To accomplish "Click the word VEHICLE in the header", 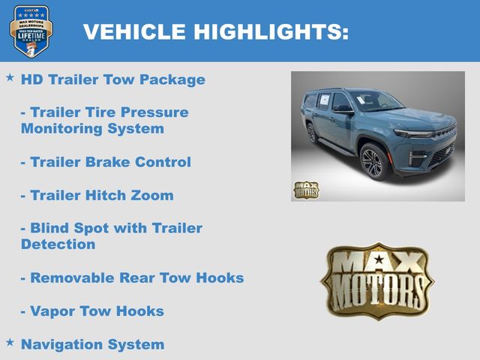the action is (x=134, y=31).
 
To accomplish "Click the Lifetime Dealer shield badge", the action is (x=31, y=31).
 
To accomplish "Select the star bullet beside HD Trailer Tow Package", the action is (x=10, y=77).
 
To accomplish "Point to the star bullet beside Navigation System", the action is (x=10, y=342).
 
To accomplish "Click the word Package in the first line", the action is (x=172, y=79).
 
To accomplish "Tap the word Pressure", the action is (x=154, y=112).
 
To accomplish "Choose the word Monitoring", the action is (x=61, y=128).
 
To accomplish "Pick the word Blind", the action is (x=49, y=228).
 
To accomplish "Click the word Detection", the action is (x=58, y=244).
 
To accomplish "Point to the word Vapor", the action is (x=52, y=311).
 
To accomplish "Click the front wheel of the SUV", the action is (x=373, y=162).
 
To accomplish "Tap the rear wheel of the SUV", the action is (x=312, y=133).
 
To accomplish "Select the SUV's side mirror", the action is (x=342, y=109).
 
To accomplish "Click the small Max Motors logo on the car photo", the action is (x=306, y=190).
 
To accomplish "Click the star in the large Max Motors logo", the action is (x=379, y=259).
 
